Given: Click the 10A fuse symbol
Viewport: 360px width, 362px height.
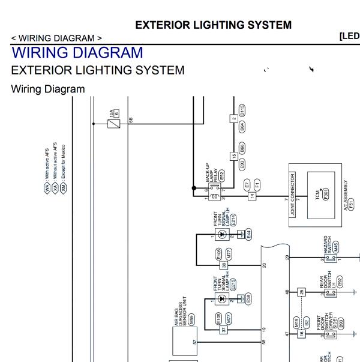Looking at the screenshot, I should tap(112, 124).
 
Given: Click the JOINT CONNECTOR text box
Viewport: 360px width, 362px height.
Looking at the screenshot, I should tap(293, 195).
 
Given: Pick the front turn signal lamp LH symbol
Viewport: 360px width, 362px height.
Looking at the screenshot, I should tap(222, 233).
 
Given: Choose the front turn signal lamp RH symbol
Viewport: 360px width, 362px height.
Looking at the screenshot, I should tap(222, 298).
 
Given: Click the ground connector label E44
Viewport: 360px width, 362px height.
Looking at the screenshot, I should tap(248, 234).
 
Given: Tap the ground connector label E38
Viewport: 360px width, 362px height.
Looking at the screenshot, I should tap(248, 298).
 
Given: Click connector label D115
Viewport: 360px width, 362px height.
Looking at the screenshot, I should tap(242, 110).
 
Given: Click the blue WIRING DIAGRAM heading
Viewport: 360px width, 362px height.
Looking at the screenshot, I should tap(77, 53).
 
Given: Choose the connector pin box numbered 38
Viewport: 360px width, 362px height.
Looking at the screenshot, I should tap(224, 264).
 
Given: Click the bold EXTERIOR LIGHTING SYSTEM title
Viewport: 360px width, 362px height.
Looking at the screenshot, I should tap(214, 25).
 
